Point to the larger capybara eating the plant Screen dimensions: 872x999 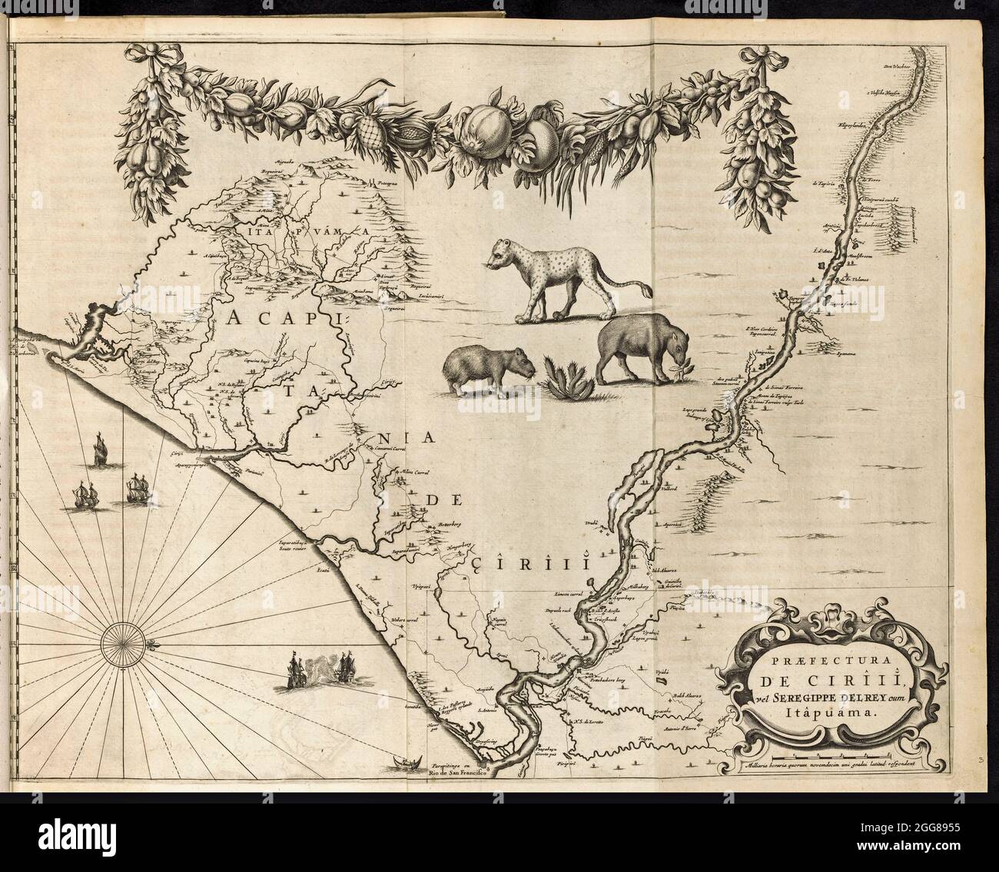(x=635, y=350)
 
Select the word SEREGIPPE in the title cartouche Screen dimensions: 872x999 (x=808, y=698)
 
